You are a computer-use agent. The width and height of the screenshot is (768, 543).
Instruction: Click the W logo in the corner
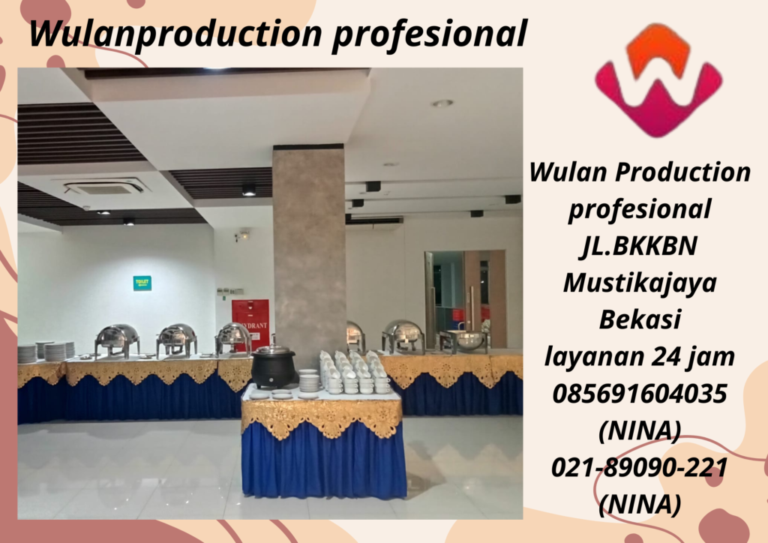658,79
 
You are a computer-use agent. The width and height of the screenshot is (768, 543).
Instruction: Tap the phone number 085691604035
639,393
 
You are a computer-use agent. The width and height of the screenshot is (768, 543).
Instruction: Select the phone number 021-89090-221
639,466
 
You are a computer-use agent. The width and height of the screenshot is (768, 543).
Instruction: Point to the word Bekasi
639,319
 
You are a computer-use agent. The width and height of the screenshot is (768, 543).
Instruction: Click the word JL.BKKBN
639,246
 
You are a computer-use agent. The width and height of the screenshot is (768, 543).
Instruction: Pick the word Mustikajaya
639,283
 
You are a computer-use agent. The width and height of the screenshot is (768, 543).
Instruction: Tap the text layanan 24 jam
639,357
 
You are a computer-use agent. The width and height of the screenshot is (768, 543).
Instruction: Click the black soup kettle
271,368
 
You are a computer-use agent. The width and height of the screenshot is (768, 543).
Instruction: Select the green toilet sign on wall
142,283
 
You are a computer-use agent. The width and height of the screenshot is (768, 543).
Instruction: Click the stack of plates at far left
27,353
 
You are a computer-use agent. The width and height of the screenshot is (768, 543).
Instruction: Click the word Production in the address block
683,172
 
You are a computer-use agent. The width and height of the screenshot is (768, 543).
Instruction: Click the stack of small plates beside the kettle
308,382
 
